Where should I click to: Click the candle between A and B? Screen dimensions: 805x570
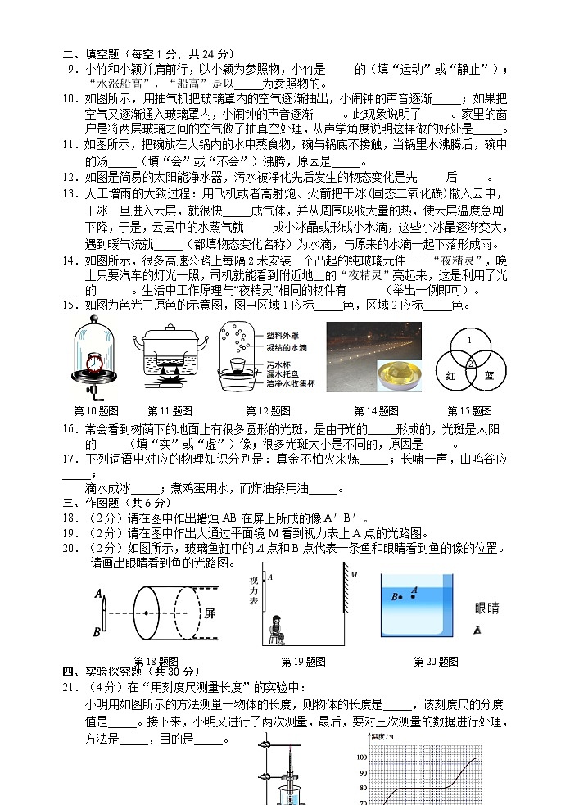(104, 613)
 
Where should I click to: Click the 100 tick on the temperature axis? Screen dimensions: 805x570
(363, 758)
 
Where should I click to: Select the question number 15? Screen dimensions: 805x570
(72, 305)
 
